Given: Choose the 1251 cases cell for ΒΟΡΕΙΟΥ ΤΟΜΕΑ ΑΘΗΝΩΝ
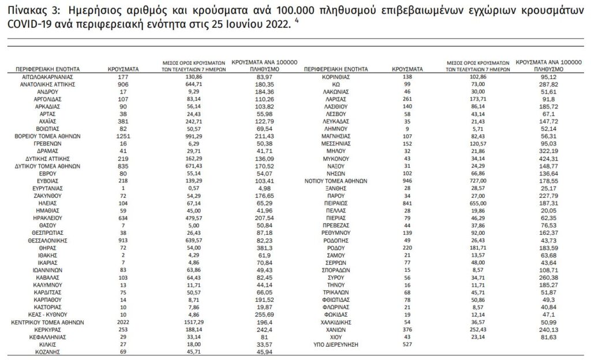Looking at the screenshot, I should tap(123, 136).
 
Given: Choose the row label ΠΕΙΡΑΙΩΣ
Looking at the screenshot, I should tap(335, 202).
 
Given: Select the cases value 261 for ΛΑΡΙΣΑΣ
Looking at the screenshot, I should tap(407, 99).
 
